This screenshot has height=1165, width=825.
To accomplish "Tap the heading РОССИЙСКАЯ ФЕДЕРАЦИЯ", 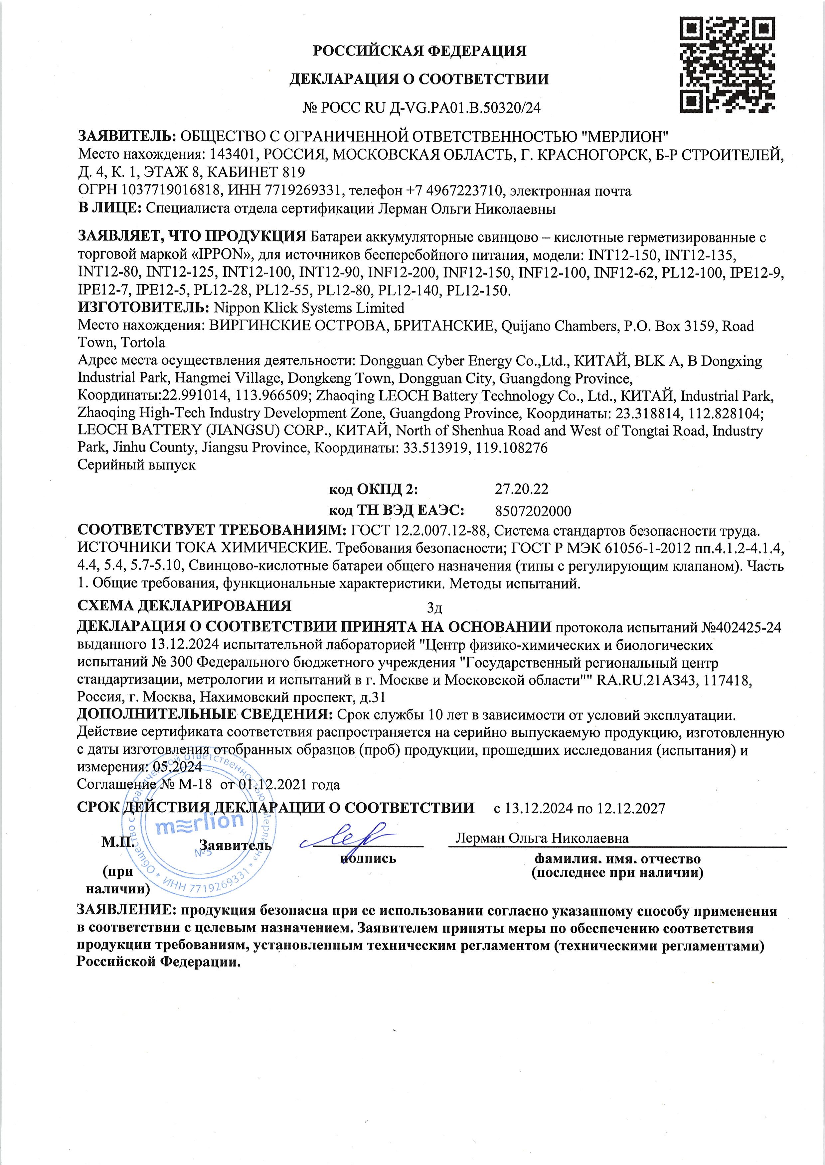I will tap(419, 51).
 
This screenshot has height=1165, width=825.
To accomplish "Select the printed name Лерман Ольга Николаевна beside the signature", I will tap(542, 838).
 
